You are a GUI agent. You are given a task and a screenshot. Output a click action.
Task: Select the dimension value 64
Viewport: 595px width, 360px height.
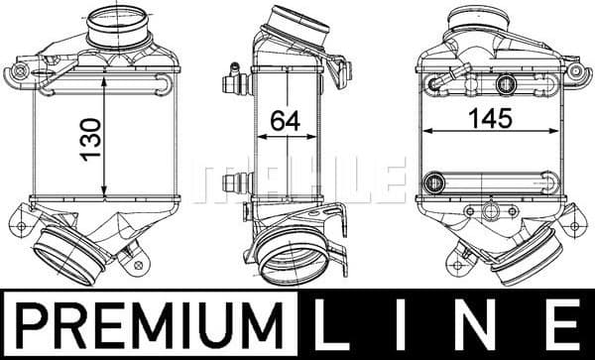tap(286, 120)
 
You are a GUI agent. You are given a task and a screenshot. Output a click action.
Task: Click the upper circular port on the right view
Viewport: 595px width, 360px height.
tap(508, 84)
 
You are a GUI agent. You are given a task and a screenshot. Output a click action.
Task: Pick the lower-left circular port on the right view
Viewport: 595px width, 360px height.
tap(433, 182)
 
